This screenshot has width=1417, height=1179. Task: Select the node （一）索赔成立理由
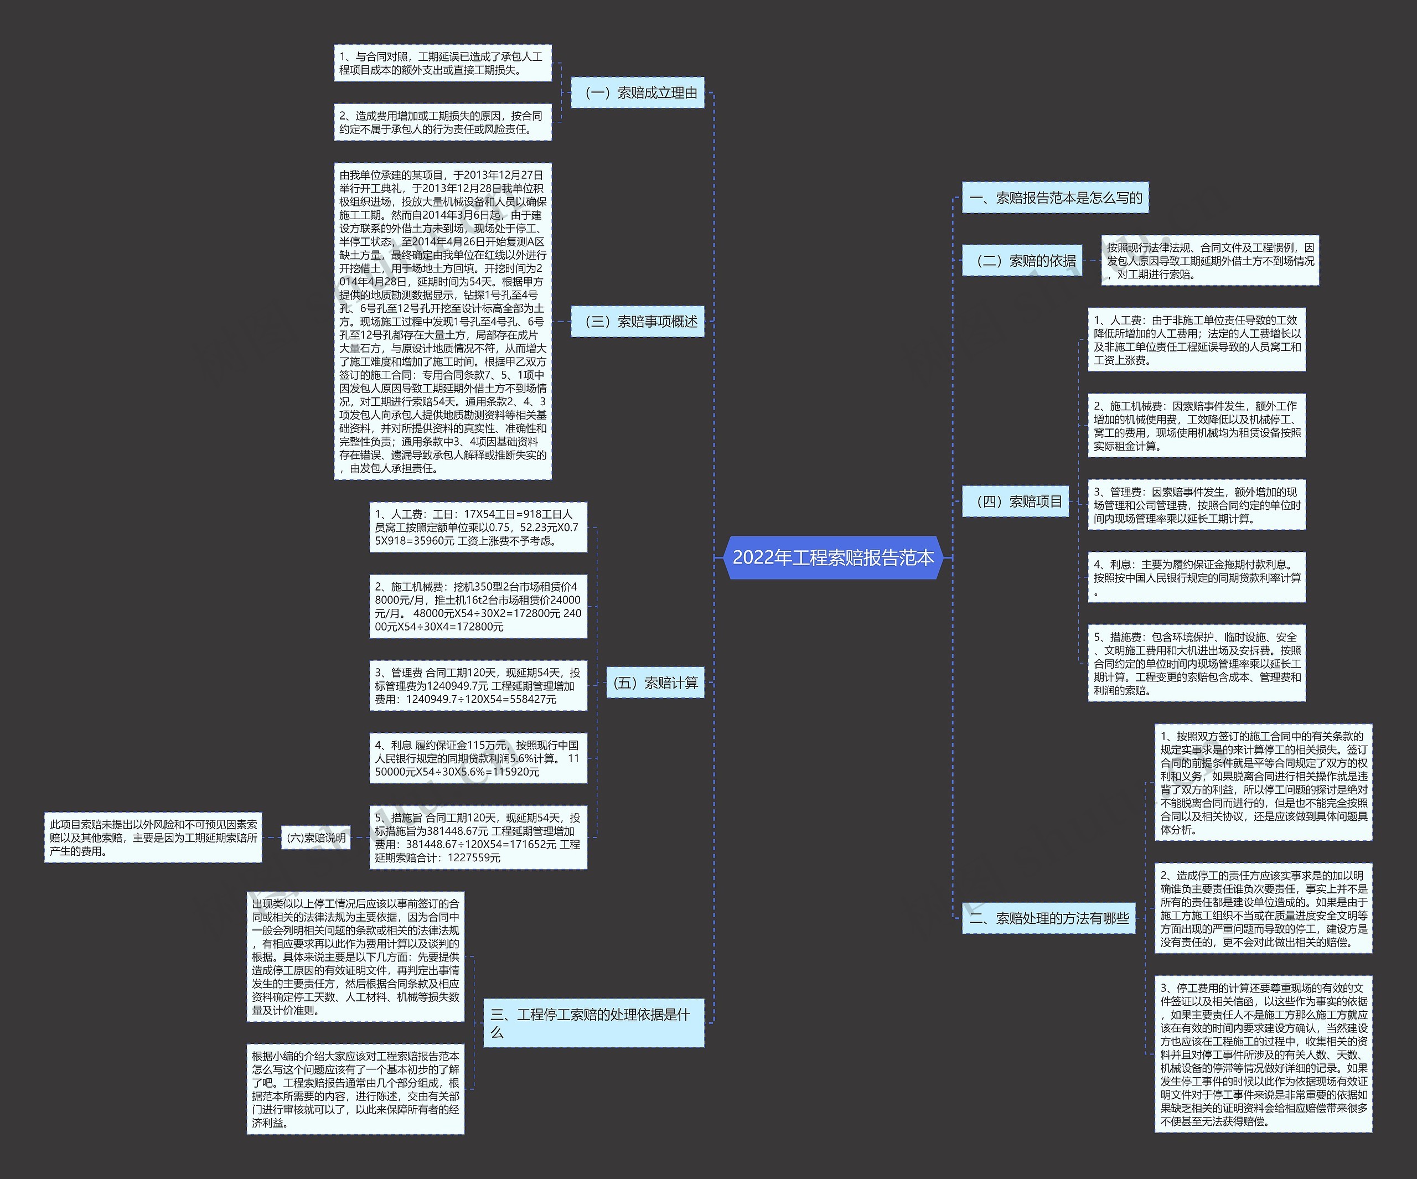click(637, 92)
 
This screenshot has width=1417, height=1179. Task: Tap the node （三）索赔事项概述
click(637, 321)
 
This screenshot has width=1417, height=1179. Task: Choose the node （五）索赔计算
click(654, 682)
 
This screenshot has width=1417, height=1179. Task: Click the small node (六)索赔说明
click(316, 837)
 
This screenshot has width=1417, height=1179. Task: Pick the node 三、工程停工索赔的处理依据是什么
click(593, 1022)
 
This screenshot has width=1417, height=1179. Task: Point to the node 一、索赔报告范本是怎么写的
click(1054, 198)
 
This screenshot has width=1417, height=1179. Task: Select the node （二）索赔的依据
click(1022, 261)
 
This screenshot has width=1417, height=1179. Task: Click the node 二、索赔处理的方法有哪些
click(1048, 918)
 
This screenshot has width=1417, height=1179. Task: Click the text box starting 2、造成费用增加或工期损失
click(443, 122)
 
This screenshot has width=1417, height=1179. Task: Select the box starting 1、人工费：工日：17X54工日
click(478, 527)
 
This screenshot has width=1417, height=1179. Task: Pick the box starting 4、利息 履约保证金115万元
click(478, 758)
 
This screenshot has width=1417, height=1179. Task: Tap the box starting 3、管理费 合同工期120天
click(478, 686)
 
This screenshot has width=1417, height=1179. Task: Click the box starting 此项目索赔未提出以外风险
click(153, 837)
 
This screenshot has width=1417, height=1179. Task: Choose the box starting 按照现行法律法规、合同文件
click(1209, 261)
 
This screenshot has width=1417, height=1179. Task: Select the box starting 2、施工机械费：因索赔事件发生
click(1196, 426)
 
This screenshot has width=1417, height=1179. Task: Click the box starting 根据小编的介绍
click(355, 1089)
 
